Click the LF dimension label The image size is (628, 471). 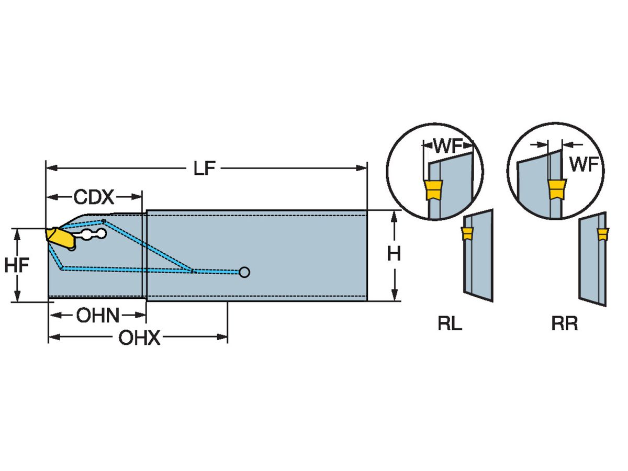pyautogui.click(x=205, y=169)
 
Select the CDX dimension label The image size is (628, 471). pyautogui.click(x=94, y=197)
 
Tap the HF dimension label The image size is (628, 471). pyautogui.click(x=17, y=265)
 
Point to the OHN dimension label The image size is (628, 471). pyautogui.click(x=98, y=316)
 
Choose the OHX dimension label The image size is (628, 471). pyautogui.click(x=139, y=339)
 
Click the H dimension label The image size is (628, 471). pyautogui.click(x=394, y=254)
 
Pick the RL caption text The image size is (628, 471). pyautogui.click(x=450, y=324)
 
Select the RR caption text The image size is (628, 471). pyautogui.click(x=564, y=324)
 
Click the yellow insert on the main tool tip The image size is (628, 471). pyautogui.click(x=59, y=238)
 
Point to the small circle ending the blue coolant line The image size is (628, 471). pyautogui.click(x=244, y=272)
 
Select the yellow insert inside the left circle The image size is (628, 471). pyautogui.click(x=433, y=190)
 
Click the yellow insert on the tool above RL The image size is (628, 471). pyautogui.click(x=467, y=233)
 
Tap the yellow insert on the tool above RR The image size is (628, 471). pyautogui.click(x=603, y=234)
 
